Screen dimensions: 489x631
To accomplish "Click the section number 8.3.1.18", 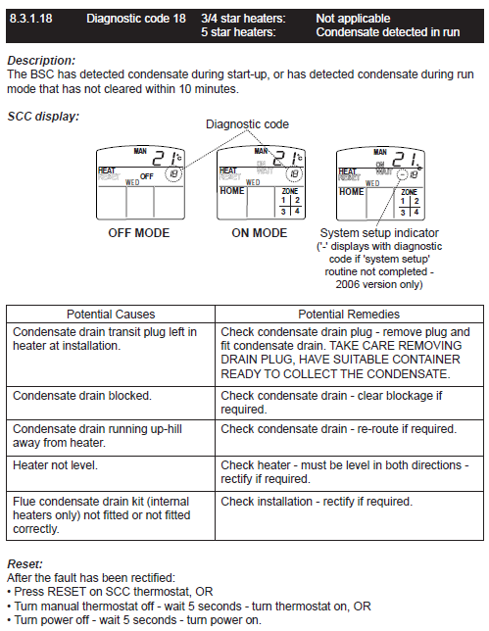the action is [x=31, y=19].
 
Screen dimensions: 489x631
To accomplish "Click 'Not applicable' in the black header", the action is [x=353, y=19].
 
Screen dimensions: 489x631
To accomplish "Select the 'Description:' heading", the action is [x=41, y=61].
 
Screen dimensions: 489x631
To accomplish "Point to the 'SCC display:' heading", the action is [x=43, y=117].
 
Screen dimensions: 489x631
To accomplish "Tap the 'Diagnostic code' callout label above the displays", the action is [x=247, y=123].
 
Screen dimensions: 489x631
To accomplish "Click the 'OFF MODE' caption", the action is [x=139, y=233].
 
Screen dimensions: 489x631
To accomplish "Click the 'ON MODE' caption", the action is [x=259, y=233].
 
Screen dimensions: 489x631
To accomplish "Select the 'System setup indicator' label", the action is [x=379, y=233].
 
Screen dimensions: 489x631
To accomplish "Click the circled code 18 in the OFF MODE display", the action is [x=173, y=173].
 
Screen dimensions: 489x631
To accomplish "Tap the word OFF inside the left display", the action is [x=147, y=176].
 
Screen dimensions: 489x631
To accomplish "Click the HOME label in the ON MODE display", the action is [x=232, y=190].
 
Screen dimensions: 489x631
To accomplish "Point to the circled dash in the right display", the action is [x=402, y=174].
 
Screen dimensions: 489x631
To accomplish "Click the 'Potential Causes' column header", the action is [x=111, y=315].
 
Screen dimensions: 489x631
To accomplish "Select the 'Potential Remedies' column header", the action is [x=349, y=315].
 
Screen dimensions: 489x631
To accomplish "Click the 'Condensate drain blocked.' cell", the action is [x=82, y=396].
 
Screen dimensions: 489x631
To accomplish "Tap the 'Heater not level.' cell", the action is [x=55, y=465].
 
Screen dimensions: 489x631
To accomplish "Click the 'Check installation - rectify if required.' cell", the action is [x=317, y=502].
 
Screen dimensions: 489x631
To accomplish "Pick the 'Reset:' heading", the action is [x=24, y=563].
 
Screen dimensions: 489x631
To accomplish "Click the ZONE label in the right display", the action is [x=409, y=192].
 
